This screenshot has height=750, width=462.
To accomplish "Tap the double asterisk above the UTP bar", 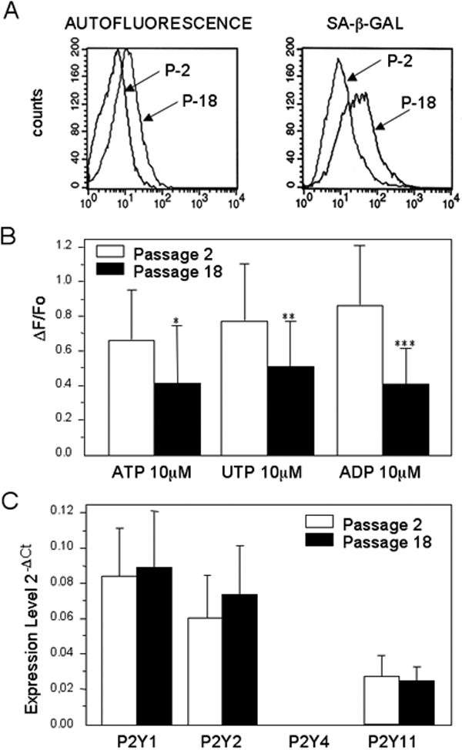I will click(290, 296).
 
